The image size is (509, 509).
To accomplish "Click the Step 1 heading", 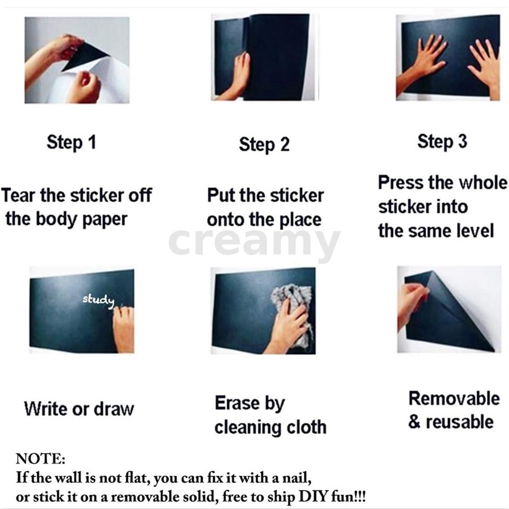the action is point(72,143).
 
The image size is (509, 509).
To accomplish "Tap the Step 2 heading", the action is point(264,145).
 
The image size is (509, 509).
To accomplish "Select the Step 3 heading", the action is point(442,142).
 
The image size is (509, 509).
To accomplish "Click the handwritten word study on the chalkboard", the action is point(98,301).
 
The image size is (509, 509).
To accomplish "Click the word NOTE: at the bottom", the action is point(41,459).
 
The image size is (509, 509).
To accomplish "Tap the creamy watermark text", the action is point(254,242).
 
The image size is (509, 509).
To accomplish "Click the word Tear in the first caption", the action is point(18,195).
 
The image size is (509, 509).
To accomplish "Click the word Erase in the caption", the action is point(237,403).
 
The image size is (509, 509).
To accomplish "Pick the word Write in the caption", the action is point(46,409).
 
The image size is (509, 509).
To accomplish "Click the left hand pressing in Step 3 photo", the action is point(422,63).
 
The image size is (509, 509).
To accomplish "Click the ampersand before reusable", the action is point(414,422).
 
